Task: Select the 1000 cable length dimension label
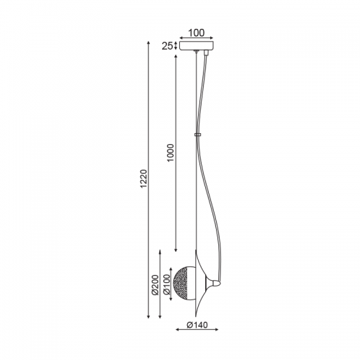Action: [x=170, y=153]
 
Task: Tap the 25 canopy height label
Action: [x=167, y=46]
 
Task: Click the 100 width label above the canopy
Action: [x=197, y=33]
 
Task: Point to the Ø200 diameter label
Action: [x=156, y=284]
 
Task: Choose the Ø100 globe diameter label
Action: [x=166, y=284]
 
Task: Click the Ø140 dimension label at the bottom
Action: [x=197, y=325]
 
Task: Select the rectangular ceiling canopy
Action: [x=197, y=46]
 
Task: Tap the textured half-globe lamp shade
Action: [x=184, y=284]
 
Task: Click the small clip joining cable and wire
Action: [x=197, y=135]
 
